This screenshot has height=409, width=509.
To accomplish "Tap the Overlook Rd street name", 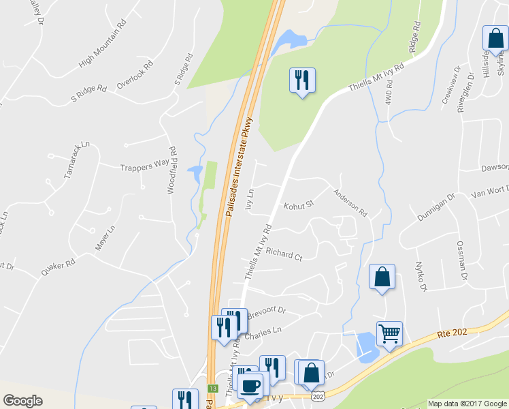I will point(135,75).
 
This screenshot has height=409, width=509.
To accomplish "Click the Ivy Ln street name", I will point(250,198).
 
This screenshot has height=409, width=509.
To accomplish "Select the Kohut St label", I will point(298,204).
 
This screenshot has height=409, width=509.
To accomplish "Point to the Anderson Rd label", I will point(350,203).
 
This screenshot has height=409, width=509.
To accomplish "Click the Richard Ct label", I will point(284,255).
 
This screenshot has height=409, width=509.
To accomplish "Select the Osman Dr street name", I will point(462,261).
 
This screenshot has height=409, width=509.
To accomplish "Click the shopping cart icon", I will point(389,334).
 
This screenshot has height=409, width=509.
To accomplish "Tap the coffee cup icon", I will point(250,385).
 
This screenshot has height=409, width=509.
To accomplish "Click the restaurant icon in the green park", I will point(301,80).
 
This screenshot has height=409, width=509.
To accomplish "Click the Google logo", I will point(23,401).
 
